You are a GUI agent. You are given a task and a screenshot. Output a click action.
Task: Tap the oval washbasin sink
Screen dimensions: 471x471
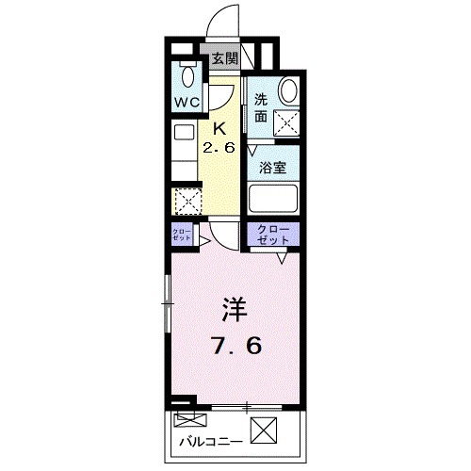[286, 90]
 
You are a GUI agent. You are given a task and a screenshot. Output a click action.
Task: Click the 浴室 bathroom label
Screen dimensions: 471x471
[274, 167]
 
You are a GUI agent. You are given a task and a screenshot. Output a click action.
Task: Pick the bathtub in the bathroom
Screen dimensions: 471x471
[273, 198]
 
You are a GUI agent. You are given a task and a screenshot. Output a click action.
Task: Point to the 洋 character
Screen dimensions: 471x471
[235, 308]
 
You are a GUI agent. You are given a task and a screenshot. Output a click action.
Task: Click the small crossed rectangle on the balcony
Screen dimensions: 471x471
[187, 418]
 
